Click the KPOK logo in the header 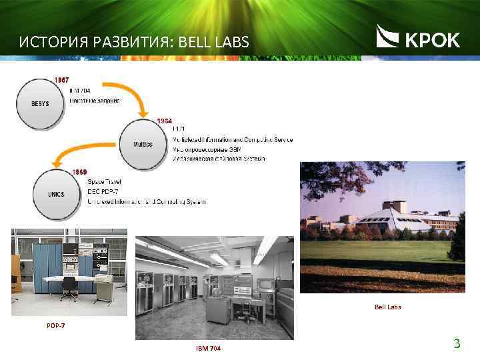point(418,38)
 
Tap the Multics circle point(143,144)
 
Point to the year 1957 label point(61,80)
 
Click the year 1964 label point(164,121)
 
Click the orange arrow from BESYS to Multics point(141,99)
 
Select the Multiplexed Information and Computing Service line point(232,139)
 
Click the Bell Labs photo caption point(387,307)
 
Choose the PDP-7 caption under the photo point(56,326)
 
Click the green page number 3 point(457,344)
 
